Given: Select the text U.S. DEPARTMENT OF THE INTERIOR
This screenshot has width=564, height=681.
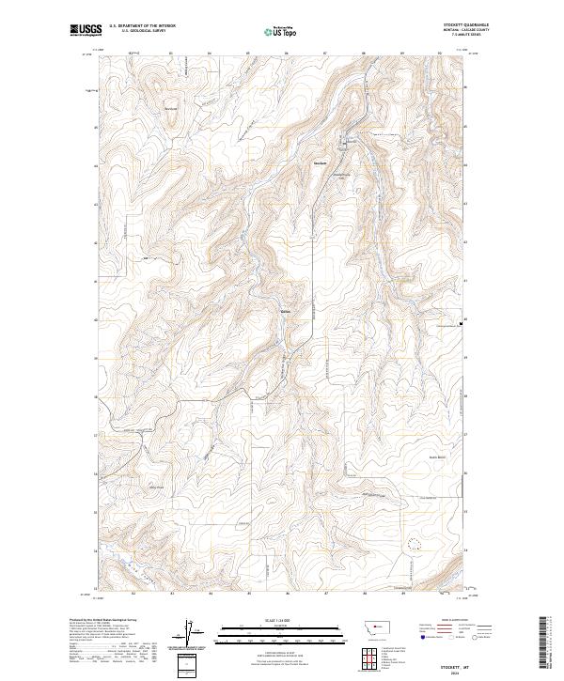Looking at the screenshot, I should pyautogui.click(x=142, y=26).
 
